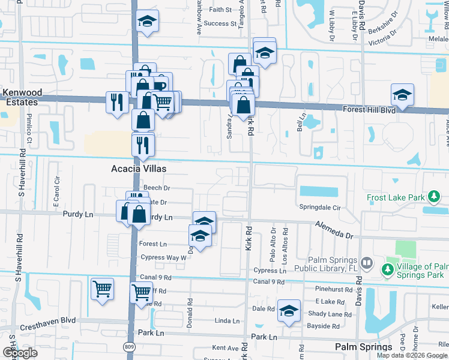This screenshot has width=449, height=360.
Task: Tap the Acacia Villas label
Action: (139, 169)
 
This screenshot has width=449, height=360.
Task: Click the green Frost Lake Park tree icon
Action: (432, 197)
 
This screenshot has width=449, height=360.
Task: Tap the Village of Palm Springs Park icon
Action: (388, 271)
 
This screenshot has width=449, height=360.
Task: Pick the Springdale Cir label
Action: (319, 207)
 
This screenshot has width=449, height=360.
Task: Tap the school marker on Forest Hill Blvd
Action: (403, 94)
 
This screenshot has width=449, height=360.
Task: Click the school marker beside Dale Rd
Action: (289, 310)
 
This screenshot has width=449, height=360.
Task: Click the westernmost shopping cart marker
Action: (102, 288)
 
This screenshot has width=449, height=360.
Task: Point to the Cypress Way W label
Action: (163, 257)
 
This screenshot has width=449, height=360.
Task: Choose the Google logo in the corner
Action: (20, 353)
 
